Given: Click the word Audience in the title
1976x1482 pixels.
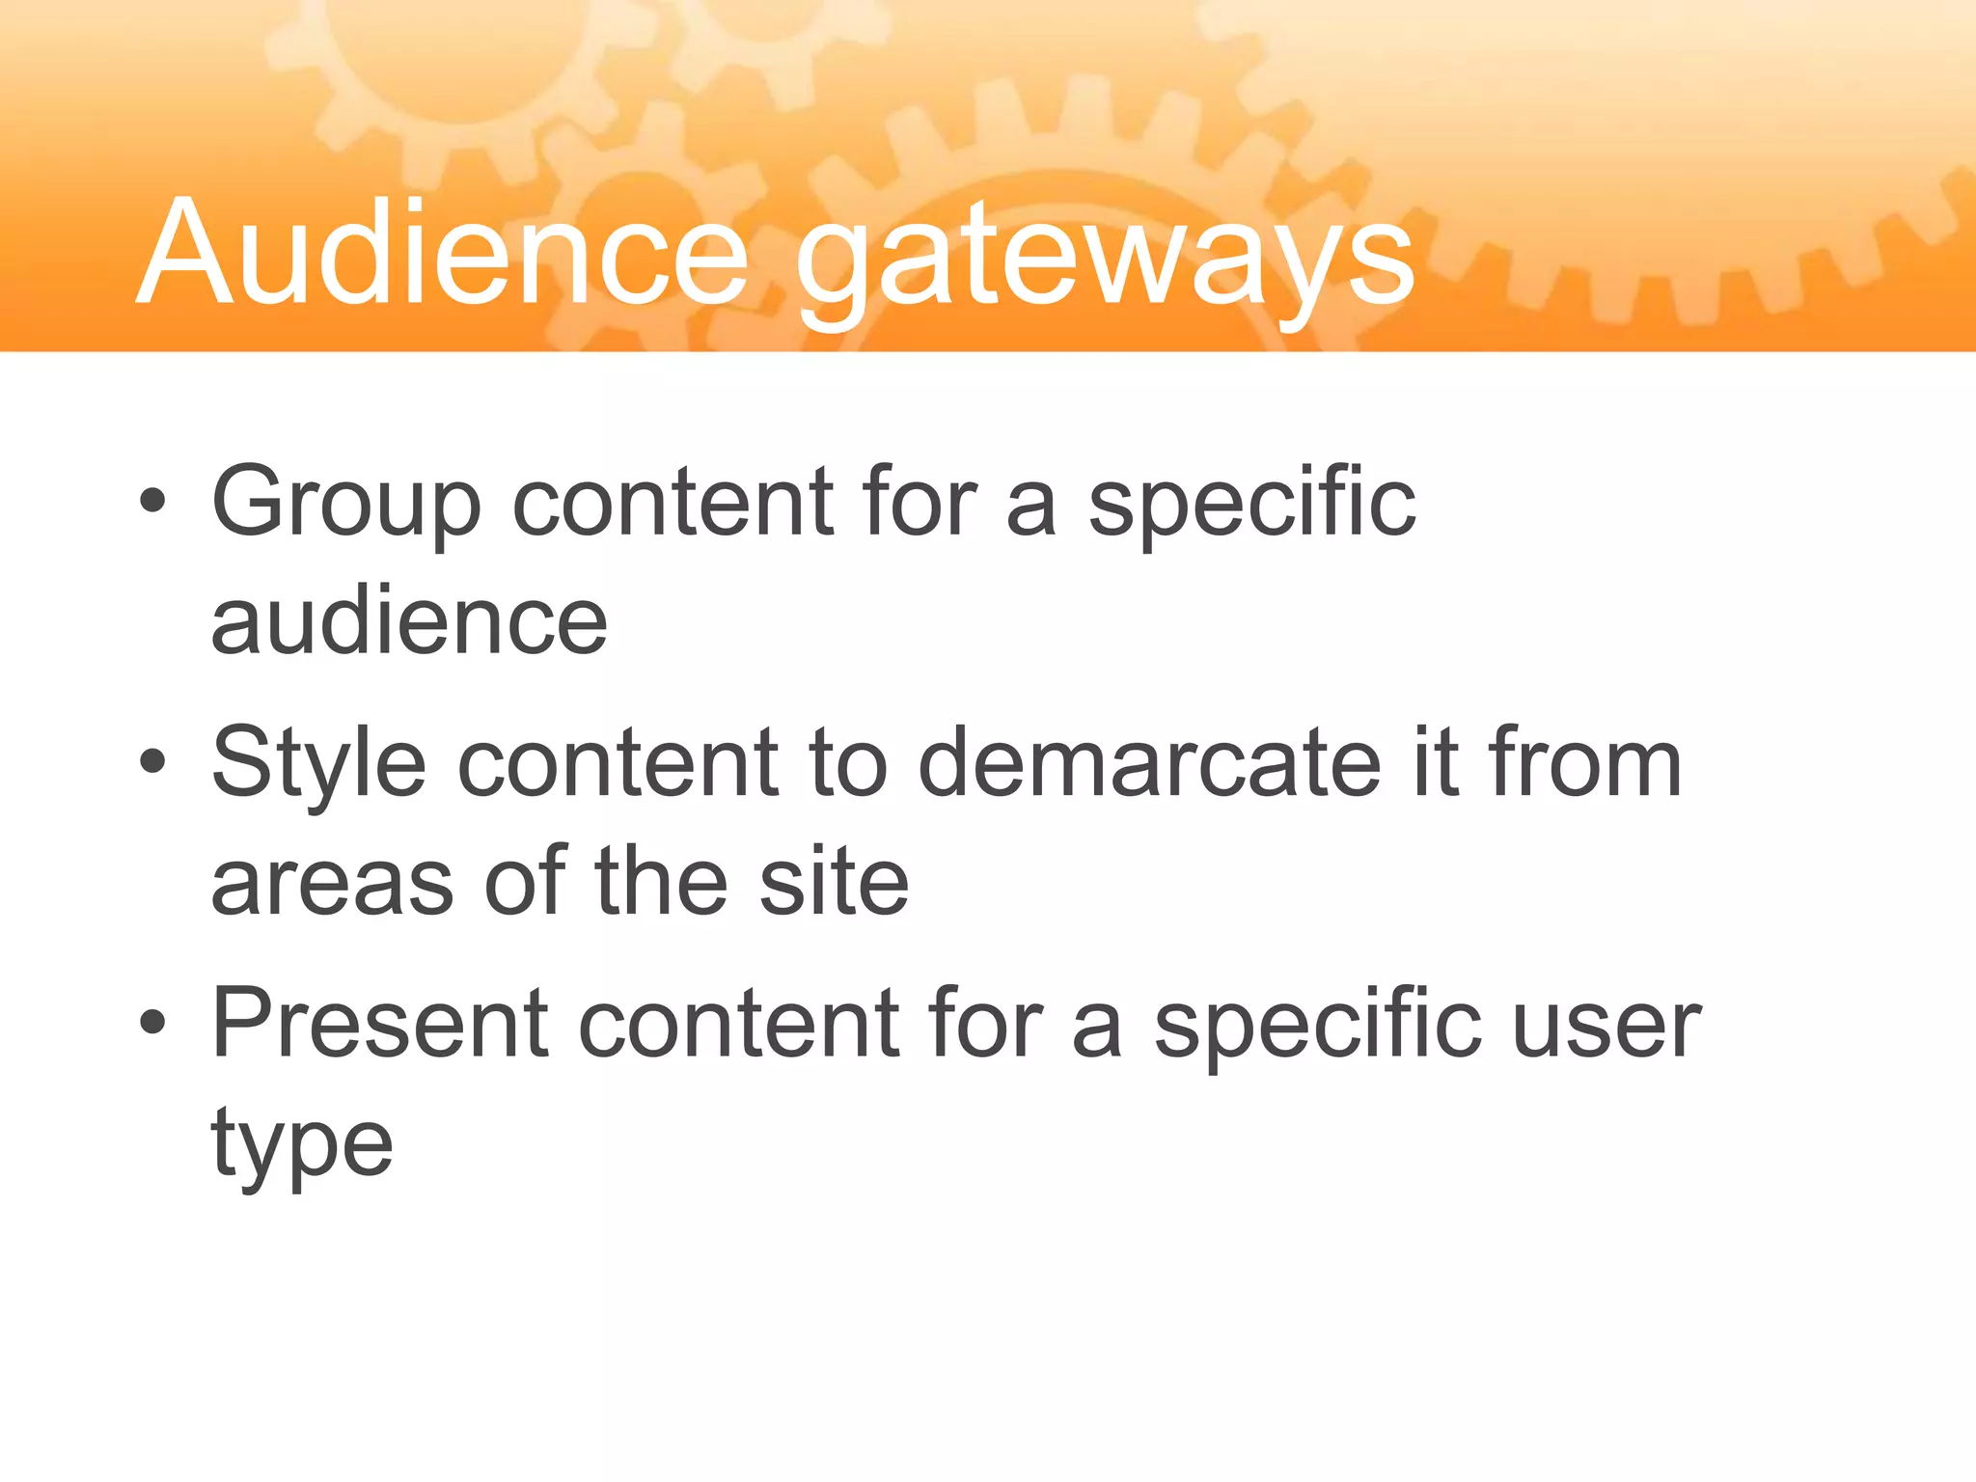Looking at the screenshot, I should [x=443, y=253].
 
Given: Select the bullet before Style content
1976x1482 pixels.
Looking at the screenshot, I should [x=152, y=762].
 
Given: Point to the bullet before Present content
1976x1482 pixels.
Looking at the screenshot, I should [x=152, y=1023].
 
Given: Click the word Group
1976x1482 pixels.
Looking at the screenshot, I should [x=345, y=504].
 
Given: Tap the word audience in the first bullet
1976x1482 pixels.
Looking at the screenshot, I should [x=409, y=622].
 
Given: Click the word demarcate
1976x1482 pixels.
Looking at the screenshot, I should [x=1149, y=764].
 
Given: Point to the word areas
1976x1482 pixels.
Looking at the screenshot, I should [x=332, y=883].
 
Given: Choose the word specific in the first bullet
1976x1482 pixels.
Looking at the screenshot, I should [x=1251, y=504].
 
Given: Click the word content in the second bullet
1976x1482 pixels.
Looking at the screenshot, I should [x=617, y=764].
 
